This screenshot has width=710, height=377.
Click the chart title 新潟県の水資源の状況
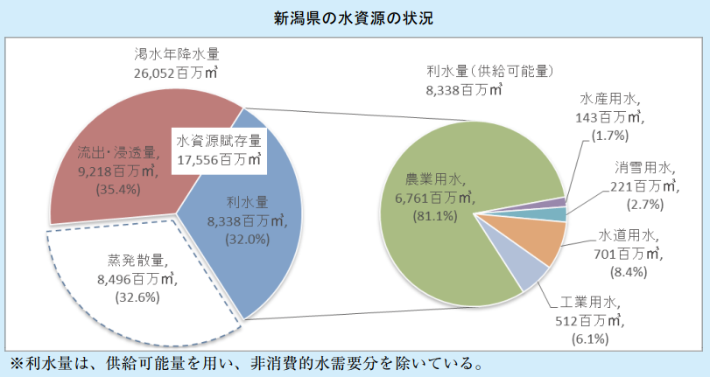[354, 17]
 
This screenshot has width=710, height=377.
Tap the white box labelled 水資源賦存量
[219, 150]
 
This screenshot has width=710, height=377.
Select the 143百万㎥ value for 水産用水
[613, 116]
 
